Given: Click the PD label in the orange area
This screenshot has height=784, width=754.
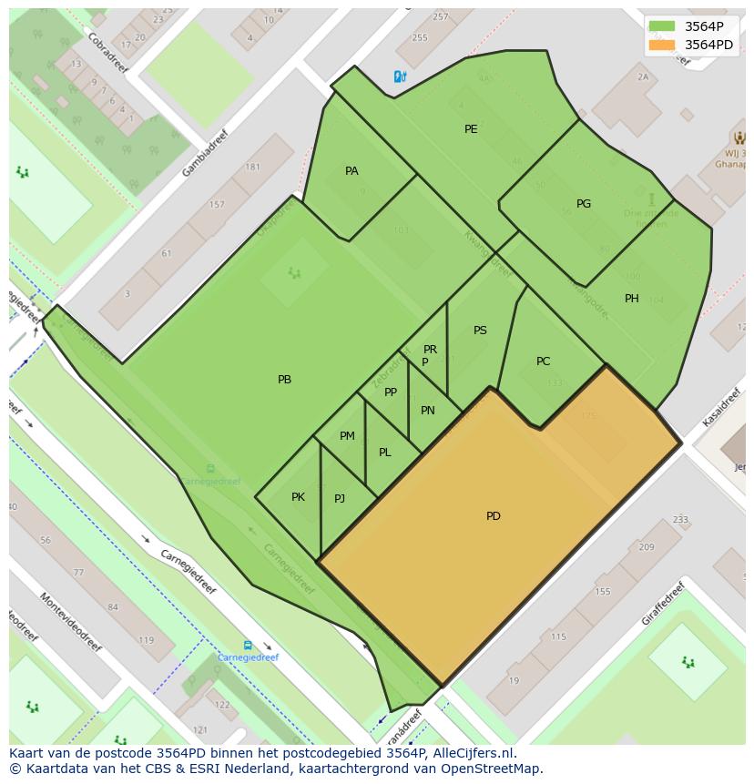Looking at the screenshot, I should [x=493, y=516].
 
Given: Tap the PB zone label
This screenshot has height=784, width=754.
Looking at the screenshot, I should [x=284, y=380].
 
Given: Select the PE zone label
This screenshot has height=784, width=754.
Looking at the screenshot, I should [x=471, y=129].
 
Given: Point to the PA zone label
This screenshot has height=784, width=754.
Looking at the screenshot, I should [x=352, y=171].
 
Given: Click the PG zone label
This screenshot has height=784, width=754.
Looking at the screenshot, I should [x=584, y=204].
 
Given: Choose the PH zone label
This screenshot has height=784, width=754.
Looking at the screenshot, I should [x=631, y=299].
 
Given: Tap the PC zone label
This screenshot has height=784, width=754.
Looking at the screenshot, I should [x=543, y=361].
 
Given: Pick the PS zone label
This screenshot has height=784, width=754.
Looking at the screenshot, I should [x=480, y=331].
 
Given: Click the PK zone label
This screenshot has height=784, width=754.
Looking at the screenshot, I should [x=298, y=497].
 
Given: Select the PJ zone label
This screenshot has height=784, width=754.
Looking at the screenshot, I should [x=340, y=499].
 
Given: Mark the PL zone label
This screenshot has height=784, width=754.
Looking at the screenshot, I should [x=384, y=453].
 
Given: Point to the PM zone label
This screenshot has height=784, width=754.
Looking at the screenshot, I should [x=347, y=436].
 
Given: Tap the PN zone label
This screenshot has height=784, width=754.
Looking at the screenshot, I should [x=427, y=411].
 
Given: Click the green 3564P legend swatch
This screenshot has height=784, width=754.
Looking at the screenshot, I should [x=662, y=26].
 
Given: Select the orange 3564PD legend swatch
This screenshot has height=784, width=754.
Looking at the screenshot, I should [x=662, y=45].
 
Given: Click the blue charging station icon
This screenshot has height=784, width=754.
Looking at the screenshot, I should [x=399, y=77].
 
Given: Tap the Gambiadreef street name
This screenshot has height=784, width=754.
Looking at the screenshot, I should [x=205, y=152].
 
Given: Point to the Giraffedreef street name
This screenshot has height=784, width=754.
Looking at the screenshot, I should [x=661, y=603].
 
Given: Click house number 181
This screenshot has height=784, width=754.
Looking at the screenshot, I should [x=252, y=167].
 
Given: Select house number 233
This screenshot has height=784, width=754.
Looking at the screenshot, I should [x=680, y=520].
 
